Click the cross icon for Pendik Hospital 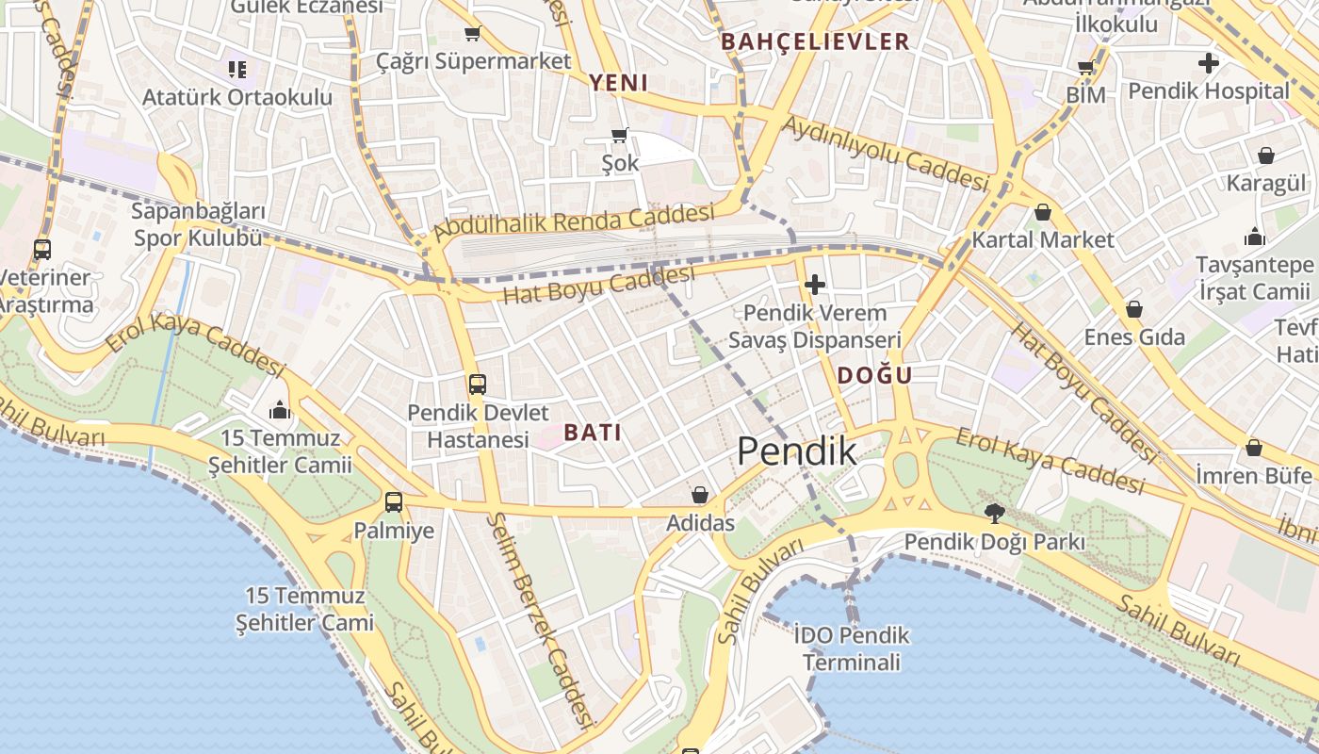[x=1208, y=64]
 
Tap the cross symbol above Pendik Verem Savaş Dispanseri [x=814, y=284]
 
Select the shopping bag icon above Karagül [x=1265, y=156]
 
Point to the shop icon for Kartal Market [x=1042, y=212]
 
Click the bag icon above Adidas [x=699, y=495]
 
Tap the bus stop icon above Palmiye [x=393, y=502]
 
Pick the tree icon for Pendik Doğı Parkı [x=993, y=514]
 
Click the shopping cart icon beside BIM [x=1085, y=68]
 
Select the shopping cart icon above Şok [x=619, y=136]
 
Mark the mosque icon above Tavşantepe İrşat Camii [x=1254, y=237]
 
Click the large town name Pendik [x=796, y=451]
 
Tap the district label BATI [x=593, y=433]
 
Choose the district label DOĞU [x=874, y=375]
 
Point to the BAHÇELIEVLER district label [x=815, y=41]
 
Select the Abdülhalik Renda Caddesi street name [x=573, y=223]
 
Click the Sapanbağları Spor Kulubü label [x=198, y=224]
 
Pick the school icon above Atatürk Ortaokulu [x=236, y=70]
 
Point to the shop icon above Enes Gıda [x=1133, y=309]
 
